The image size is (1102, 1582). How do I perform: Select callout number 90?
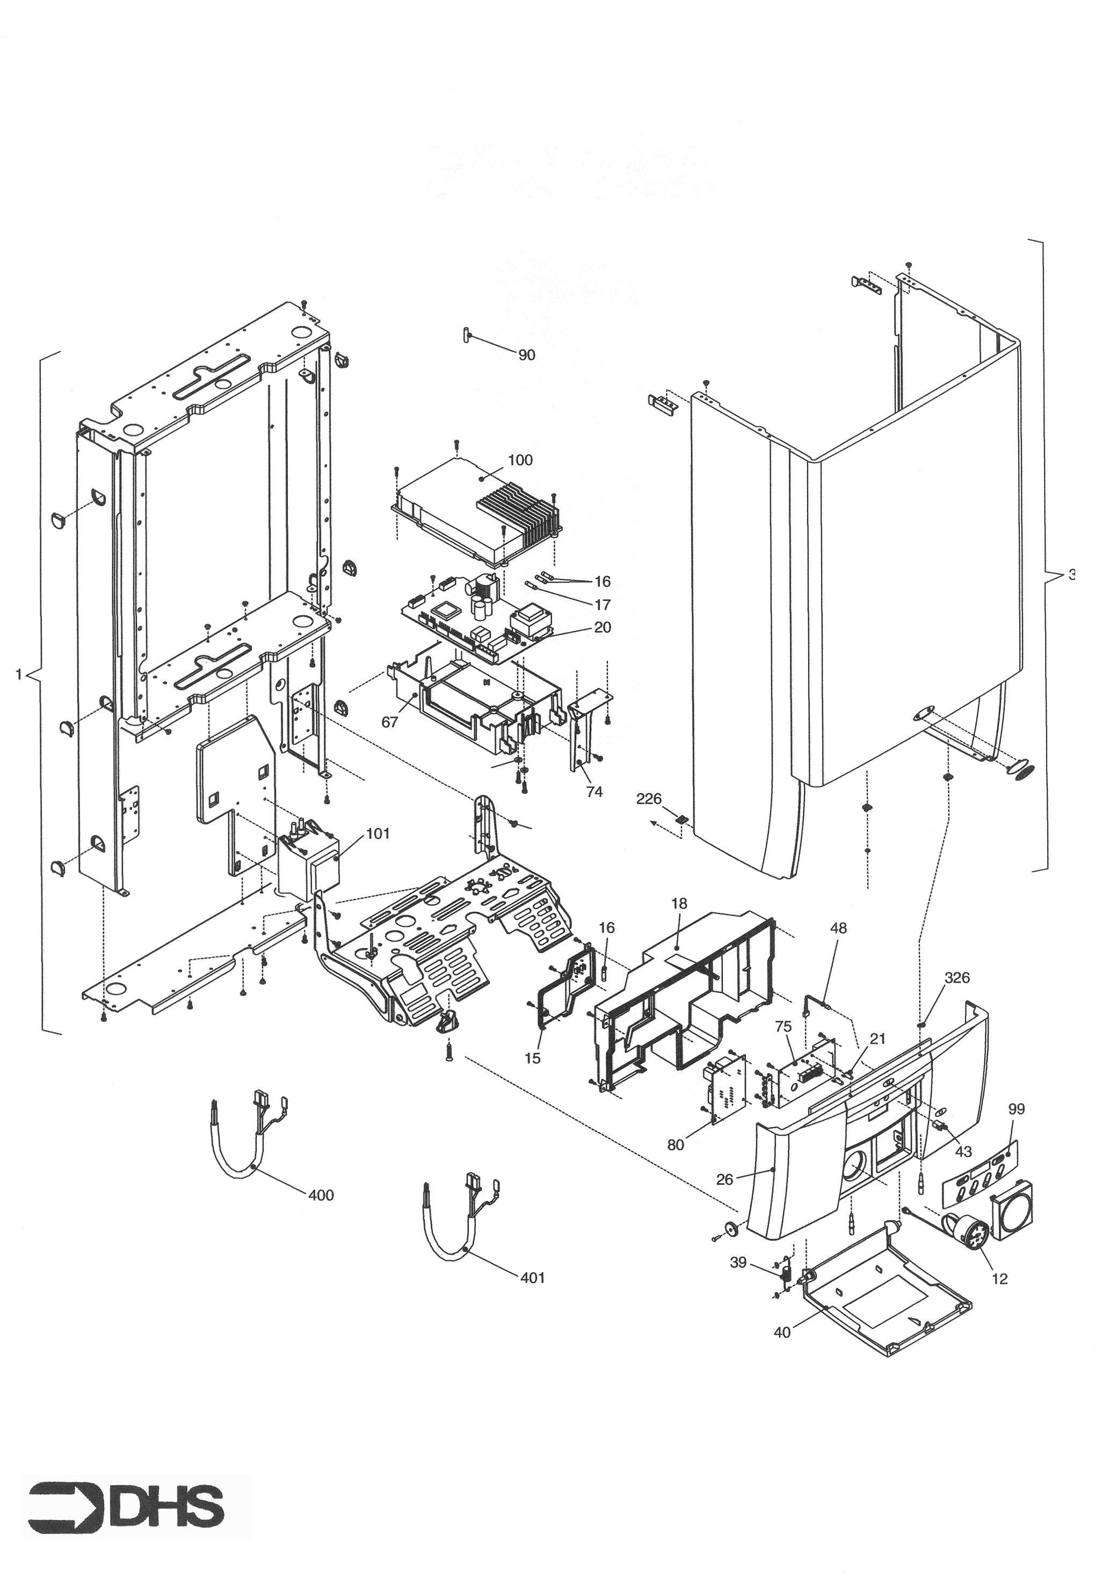click(x=526, y=355)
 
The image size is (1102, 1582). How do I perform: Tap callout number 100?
click(x=520, y=460)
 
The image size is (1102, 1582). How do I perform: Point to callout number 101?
click(x=378, y=833)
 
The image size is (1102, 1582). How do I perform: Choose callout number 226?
click(x=649, y=799)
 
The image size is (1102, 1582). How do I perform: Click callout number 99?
click(x=1016, y=1109)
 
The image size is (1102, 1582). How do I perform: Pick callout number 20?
click(x=603, y=628)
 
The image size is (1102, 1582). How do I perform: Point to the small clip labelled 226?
click(x=681, y=819)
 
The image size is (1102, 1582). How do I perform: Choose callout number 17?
click(x=603, y=605)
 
